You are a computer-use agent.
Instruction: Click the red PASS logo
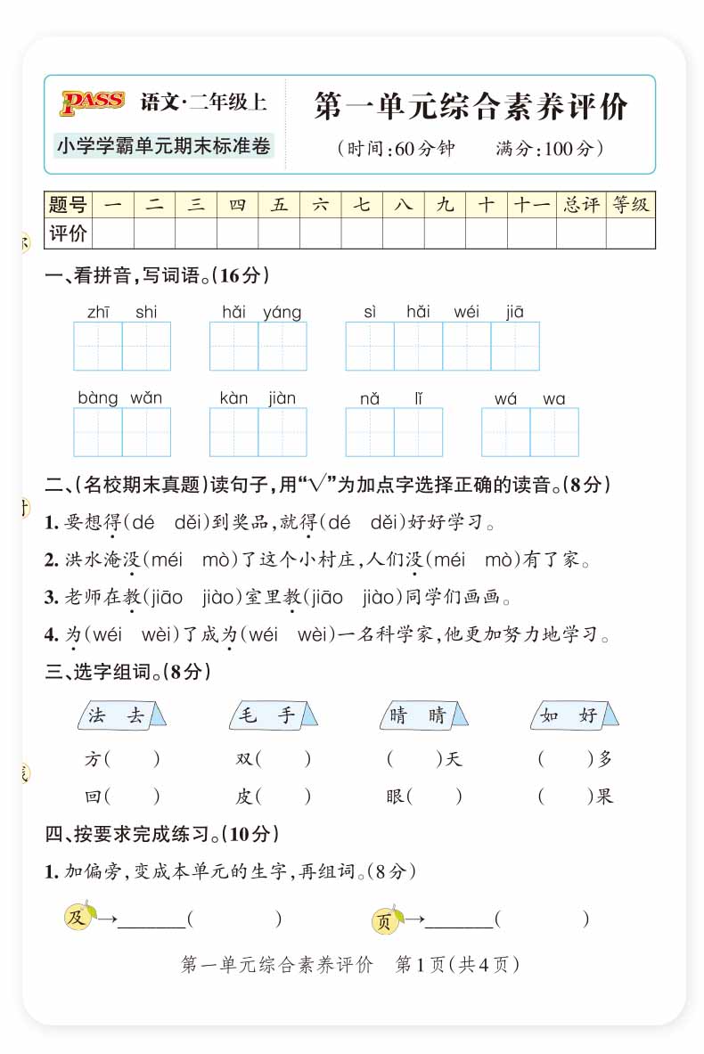point(92,102)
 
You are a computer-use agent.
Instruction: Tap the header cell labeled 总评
point(581,205)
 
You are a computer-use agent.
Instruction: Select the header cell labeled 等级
point(631,205)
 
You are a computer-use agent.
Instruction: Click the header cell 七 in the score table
point(362,205)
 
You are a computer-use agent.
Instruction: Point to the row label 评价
point(68,233)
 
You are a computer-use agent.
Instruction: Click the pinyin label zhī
point(98,312)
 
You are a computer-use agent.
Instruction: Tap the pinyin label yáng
point(282,312)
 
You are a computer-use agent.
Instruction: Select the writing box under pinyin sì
point(370,346)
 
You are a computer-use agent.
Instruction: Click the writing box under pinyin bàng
point(98,432)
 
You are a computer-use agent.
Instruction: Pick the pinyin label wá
point(505,398)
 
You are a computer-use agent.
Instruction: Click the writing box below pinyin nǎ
point(370,432)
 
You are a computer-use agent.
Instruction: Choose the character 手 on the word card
point(286,715)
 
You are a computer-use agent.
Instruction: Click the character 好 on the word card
point(587,715)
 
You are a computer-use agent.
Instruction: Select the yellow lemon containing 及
point(78,917)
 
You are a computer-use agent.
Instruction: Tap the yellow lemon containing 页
point(385,920)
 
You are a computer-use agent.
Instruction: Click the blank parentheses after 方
point(133,759)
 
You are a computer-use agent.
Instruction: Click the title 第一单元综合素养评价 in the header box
point(471,108)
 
